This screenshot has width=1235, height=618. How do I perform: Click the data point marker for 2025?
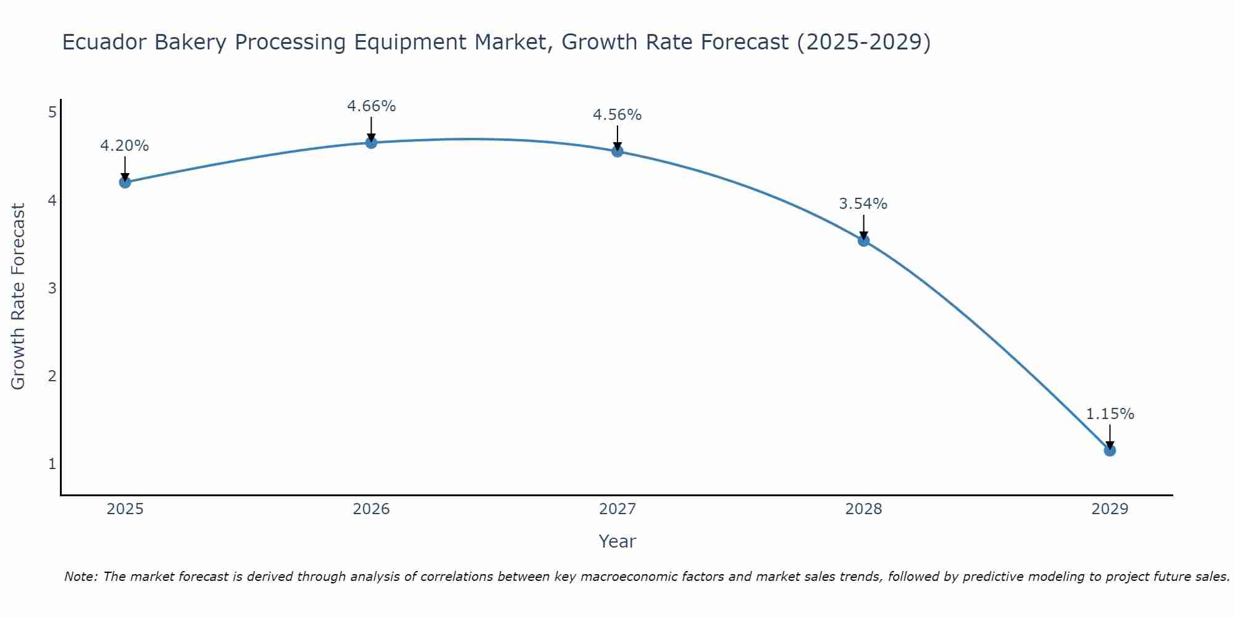point(125,182)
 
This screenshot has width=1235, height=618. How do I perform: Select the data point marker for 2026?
point(371,143)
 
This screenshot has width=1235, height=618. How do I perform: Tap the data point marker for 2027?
point(617,151)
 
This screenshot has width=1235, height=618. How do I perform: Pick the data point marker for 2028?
point(864,240)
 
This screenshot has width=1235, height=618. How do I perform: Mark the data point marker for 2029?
point(1110,451)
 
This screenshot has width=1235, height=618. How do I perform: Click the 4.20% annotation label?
point(125,146)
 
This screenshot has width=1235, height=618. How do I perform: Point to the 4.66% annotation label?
point(371,106)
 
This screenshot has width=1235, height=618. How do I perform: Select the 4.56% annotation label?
point(617,115)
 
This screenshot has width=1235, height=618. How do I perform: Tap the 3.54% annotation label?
point(863,204)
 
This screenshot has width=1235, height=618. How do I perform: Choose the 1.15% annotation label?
point(1110,414)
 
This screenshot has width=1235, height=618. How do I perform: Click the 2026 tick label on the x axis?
point(371,509)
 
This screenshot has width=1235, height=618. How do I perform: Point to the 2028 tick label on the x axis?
point(864,509)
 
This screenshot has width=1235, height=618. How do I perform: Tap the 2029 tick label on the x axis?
point(1110,509)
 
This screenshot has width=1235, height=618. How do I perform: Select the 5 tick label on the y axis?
point(52,112)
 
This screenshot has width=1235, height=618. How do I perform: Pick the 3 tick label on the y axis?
point(52,288)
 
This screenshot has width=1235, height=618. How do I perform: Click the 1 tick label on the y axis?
point(52,463)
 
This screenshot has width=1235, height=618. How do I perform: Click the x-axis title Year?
point(617,541)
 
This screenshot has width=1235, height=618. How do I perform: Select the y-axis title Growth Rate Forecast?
point(19,297)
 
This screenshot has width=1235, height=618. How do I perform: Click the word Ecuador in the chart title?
point(104,43)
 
